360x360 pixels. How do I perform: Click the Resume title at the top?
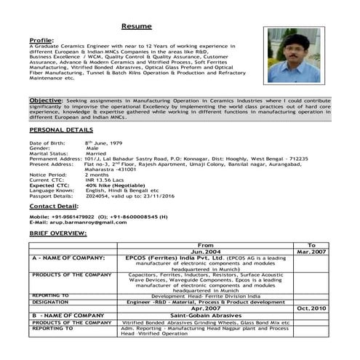pos(136,26)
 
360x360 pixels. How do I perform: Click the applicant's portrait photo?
pos(291,55)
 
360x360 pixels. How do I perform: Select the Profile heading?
pos(41,40)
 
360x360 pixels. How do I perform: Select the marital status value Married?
pos(100,154)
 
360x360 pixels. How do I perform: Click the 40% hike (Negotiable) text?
pos(113,185)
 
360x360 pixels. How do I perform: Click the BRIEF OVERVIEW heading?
pos(57,233)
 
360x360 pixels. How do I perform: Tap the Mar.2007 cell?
pos(312,251)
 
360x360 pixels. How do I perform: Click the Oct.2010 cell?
pos(312,308)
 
